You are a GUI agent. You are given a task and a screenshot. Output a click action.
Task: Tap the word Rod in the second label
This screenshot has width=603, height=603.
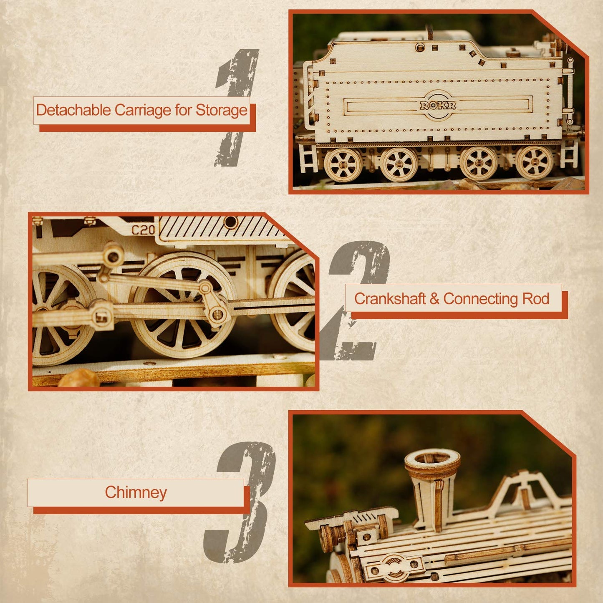[536, 299]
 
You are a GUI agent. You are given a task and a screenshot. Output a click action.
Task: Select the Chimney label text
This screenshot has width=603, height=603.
[136, 492]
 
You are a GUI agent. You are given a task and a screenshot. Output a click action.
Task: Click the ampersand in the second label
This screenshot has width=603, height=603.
[434, 299]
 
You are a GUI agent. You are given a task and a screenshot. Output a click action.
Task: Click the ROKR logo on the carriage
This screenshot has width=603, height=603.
[438, 106]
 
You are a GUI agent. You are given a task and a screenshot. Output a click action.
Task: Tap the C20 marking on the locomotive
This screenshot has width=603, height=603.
[143, 230]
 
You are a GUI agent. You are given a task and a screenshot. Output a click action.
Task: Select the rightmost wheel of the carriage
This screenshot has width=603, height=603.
[535, 163]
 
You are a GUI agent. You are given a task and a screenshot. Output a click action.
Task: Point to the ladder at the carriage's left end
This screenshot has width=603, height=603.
[308, 158]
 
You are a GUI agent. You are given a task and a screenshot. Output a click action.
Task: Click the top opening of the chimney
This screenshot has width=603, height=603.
[433, 458]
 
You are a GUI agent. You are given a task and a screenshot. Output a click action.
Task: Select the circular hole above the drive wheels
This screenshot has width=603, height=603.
[230, 222]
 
